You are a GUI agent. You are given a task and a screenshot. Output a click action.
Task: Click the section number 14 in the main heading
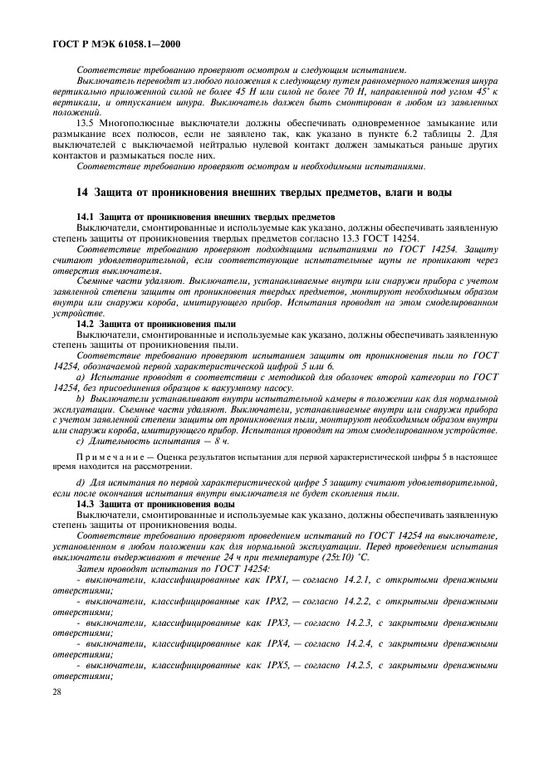(x=81, y=193)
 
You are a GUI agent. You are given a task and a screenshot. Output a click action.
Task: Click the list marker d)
(x=80, y=482)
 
